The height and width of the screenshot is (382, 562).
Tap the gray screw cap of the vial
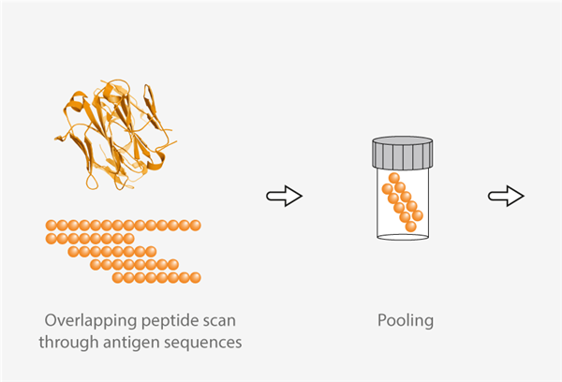point(403,152)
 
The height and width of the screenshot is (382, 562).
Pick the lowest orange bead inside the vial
point(410,227)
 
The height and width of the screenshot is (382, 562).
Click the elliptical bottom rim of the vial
point(403,236)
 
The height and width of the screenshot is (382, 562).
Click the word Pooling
point(405,320)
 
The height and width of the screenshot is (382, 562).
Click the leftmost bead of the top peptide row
point(51,225)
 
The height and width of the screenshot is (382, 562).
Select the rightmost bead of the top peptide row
point(196,225)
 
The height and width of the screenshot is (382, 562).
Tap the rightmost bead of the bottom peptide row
point(196,277)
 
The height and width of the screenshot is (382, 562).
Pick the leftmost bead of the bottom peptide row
point(117,277)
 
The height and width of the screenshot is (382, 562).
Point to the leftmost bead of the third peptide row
point(73,251)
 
